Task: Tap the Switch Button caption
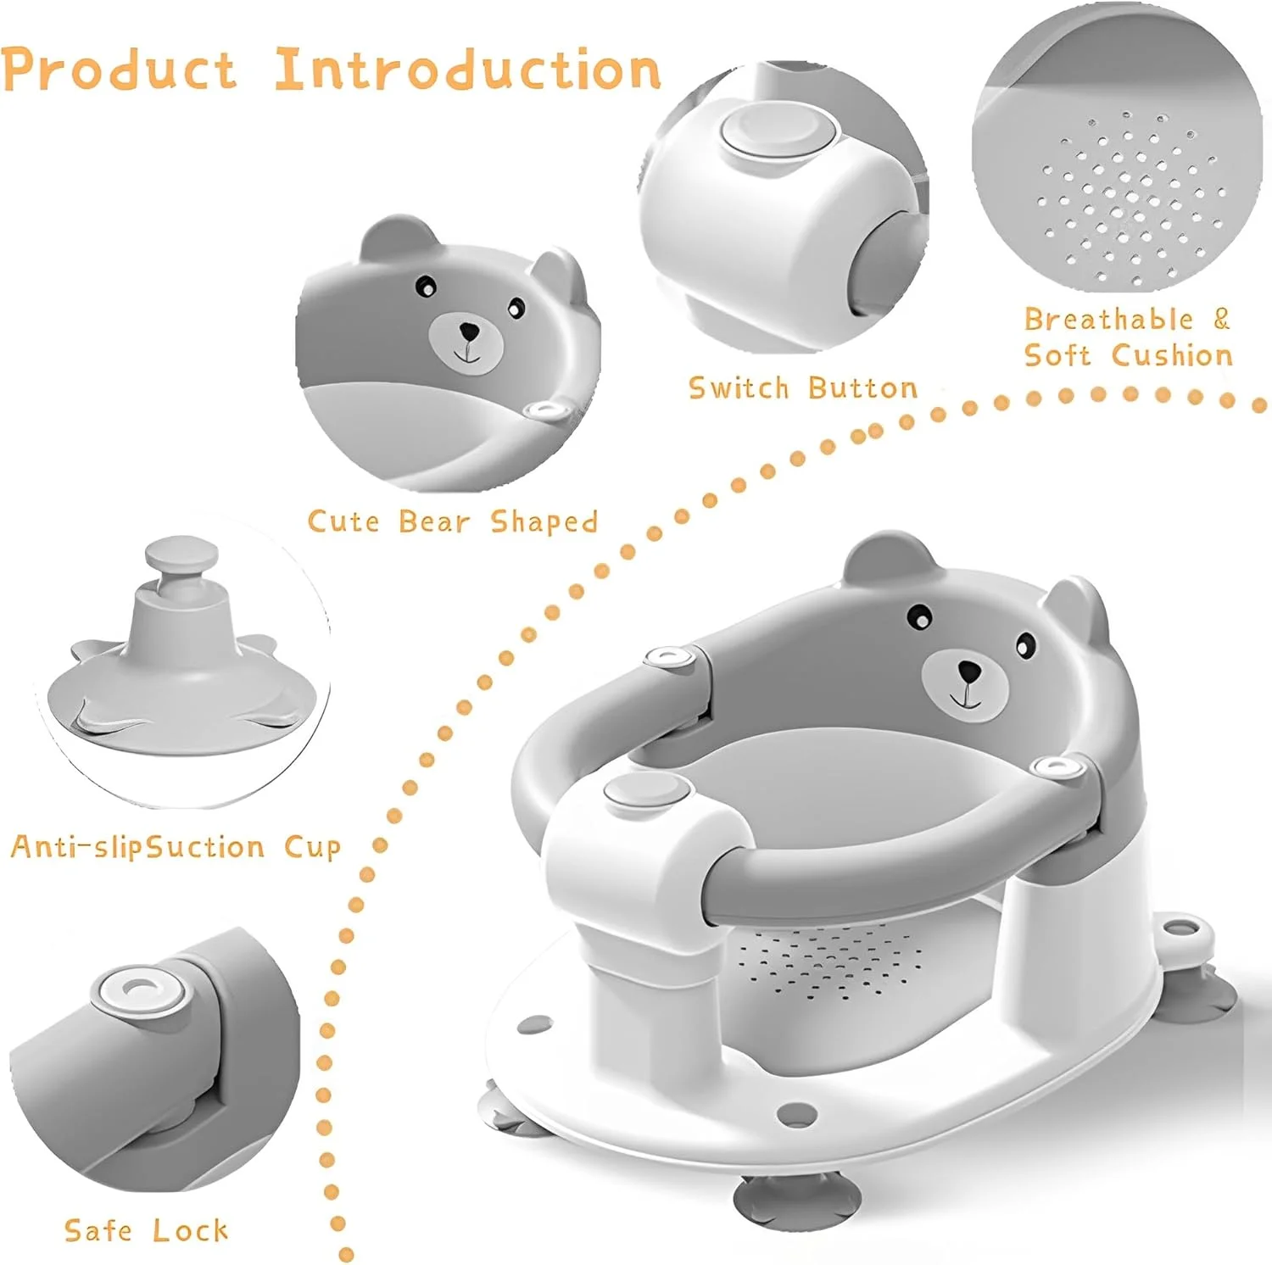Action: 803,387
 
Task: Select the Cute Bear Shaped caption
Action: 453,521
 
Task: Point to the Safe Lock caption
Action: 146,1230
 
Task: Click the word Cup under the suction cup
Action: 312,847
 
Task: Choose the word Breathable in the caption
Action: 1108,319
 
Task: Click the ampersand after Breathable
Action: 1221,319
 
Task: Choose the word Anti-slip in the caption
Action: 73,846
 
